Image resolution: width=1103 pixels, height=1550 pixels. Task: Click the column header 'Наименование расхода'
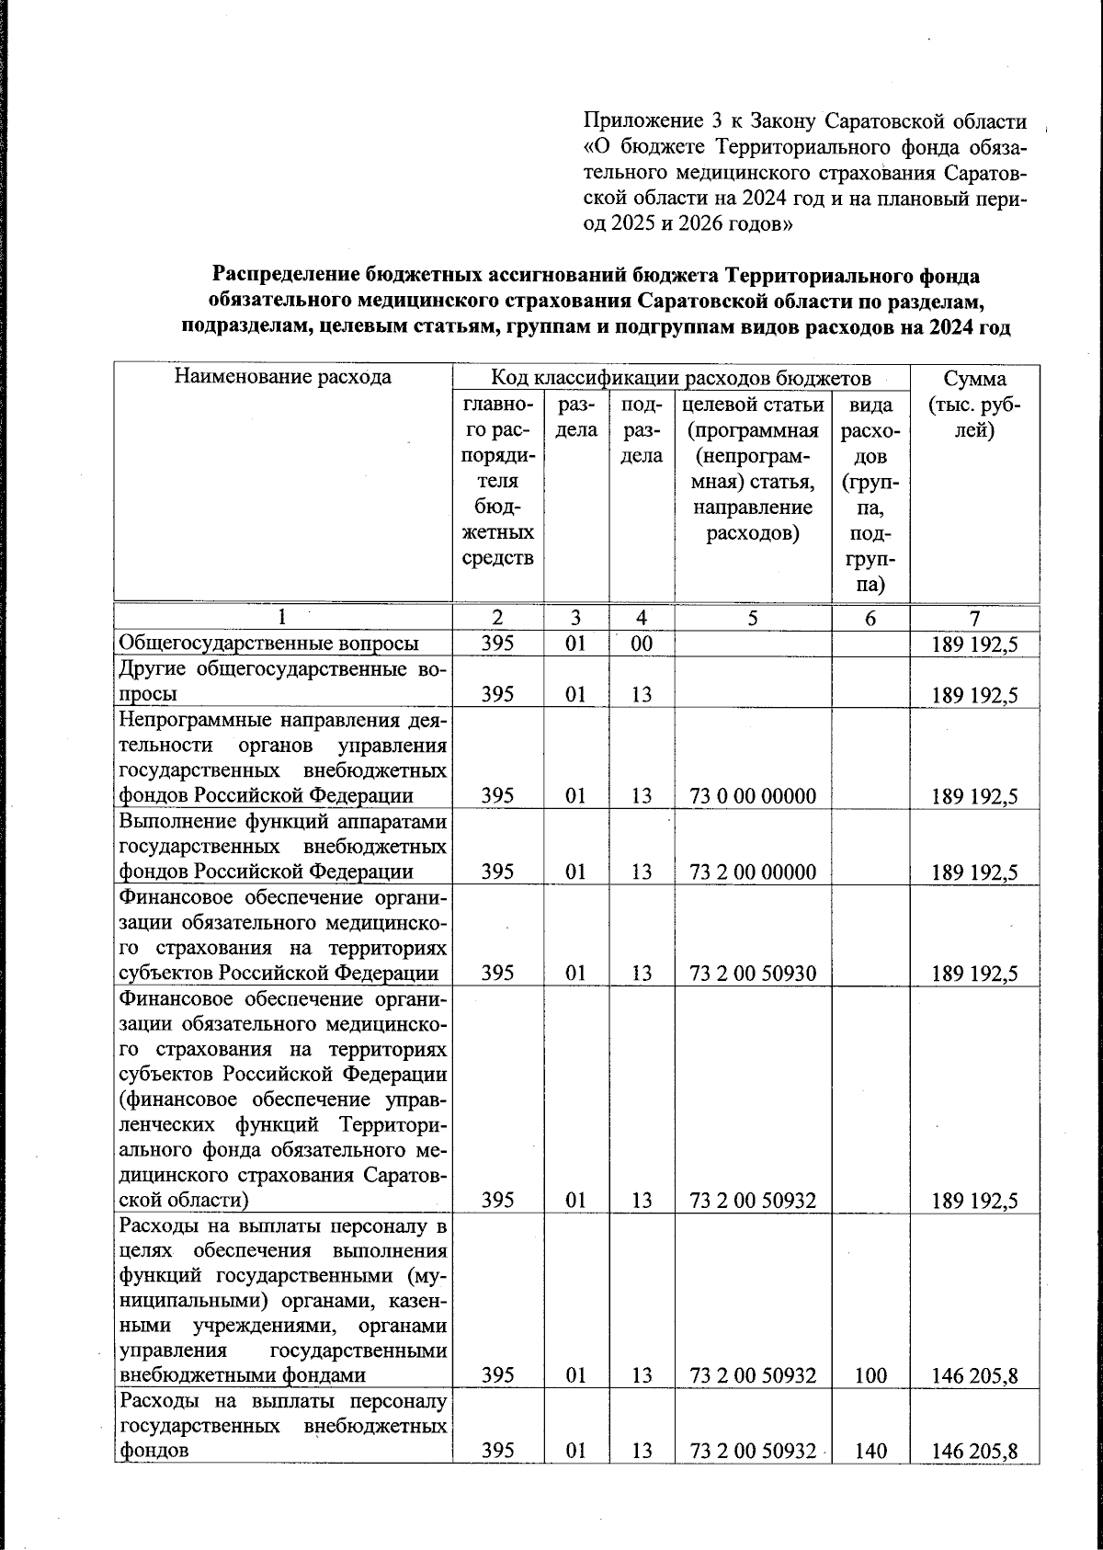coord(283,377)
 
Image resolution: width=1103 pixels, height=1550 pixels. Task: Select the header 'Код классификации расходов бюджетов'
coord(680,378)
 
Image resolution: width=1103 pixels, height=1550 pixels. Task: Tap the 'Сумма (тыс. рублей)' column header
coord(974,405)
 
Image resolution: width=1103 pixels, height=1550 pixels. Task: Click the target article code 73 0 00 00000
coord(752,796)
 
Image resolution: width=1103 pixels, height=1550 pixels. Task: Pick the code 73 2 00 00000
coord(752,872)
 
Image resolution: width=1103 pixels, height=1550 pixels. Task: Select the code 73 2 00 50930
coord(752,973)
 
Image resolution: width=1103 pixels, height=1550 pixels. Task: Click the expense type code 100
coord(870,1375)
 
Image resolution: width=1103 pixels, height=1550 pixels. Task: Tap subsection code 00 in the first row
coord(642,644)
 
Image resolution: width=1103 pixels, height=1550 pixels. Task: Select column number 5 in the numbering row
coord(752,619)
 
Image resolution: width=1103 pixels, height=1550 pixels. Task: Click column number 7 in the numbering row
coord(974,619)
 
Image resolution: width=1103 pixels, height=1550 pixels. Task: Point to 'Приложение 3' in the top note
coord(644,121)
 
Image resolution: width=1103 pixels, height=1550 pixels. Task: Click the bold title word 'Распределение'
coord(286,275)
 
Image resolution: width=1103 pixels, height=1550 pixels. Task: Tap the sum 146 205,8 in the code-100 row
coord(974,1376)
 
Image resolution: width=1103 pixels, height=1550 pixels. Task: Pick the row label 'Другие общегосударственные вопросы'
coord(283,681)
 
